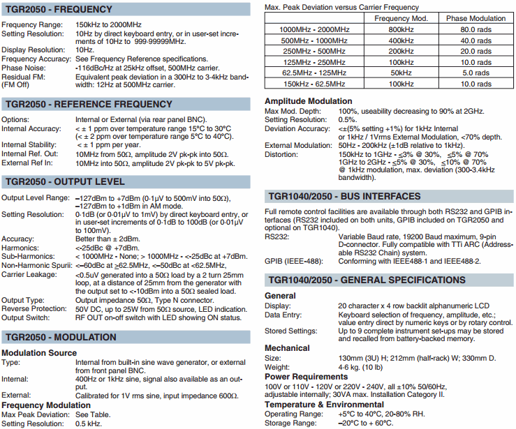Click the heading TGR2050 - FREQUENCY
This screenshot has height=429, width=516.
tap(58, 10)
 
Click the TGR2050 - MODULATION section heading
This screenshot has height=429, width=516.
tap(61, 338)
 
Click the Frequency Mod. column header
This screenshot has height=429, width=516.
tap(401, 18)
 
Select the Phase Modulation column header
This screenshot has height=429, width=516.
tap(476, 18)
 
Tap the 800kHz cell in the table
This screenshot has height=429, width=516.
tap(401, 29)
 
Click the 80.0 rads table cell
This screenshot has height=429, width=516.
tap(476, 29)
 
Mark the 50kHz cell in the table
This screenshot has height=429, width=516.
tap(401, 73)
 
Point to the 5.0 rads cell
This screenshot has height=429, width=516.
tap(476, 73)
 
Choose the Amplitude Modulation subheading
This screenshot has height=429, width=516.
tap(308, 101)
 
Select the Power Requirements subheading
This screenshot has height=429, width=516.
tap(307, 377)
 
